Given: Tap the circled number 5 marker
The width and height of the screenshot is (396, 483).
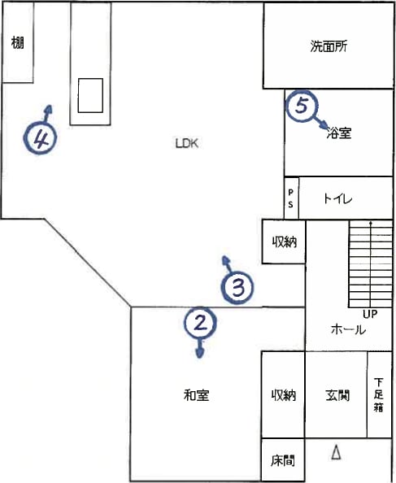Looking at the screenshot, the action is click(302, 106).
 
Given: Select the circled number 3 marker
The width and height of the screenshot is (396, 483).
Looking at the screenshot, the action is click(237, 288).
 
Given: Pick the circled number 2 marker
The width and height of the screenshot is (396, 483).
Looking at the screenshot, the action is click(201, 323).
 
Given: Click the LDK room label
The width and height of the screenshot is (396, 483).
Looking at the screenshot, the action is click(186, 144).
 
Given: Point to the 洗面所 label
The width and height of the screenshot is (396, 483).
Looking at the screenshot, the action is click(329, 46).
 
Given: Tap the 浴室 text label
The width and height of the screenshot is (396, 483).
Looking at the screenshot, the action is click(339, 133).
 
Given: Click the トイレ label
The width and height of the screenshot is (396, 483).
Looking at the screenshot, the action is click(337, 198).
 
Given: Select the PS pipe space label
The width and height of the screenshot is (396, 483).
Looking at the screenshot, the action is click(290, 198).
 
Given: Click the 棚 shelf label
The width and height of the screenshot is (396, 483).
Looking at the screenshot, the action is click(17, 42).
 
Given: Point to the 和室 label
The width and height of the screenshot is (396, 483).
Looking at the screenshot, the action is click(197, 395).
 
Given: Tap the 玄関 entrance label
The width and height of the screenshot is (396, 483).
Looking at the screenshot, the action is click(337, 395).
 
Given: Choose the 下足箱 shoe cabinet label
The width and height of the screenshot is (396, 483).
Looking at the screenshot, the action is click(378, 395).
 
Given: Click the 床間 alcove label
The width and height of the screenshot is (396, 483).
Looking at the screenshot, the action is click(283, 461).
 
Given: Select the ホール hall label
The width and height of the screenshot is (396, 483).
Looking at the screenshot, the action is click(348, 330).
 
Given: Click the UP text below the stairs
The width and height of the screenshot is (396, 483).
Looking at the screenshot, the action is click(370, 314).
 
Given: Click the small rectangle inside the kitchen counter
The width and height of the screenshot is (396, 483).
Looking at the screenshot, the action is click(90, 95).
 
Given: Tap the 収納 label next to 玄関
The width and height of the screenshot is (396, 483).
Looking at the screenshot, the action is click(284, 395).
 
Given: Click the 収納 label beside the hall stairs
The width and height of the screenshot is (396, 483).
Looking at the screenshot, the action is click(285, 242).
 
